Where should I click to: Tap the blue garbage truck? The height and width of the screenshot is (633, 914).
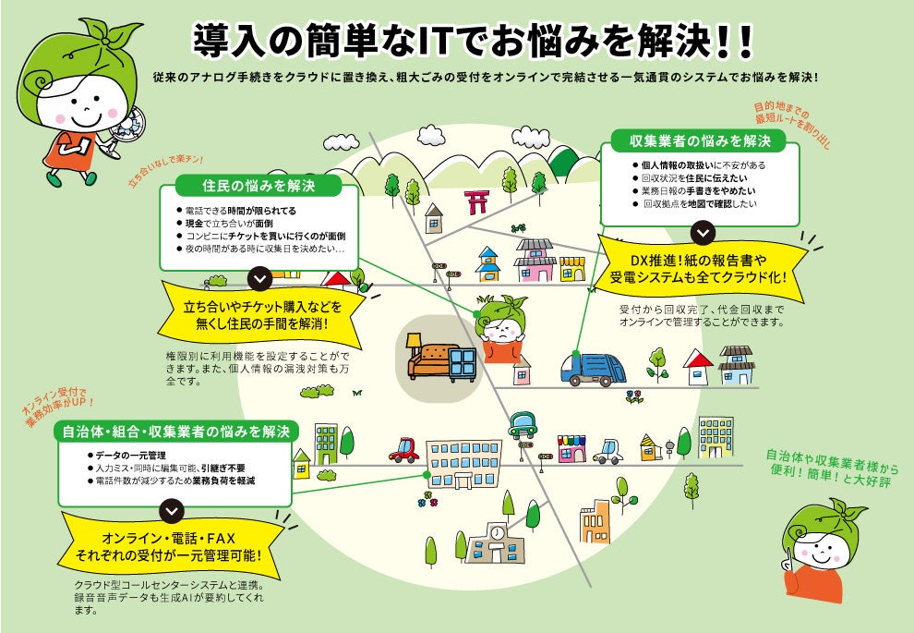593,367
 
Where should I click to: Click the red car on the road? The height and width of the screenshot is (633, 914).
403,450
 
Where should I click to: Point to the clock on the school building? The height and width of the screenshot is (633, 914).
497,533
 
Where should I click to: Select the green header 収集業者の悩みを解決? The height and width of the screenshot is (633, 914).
700,141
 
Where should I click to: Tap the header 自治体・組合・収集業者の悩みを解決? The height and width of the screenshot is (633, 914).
175,431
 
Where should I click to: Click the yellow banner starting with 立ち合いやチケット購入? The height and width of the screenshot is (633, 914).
261,315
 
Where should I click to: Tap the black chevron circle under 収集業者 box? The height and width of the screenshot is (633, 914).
704,232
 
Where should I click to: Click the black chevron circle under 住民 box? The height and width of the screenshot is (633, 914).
260,277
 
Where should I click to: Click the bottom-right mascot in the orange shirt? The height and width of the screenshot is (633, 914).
822,554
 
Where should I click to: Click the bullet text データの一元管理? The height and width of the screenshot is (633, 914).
130,456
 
